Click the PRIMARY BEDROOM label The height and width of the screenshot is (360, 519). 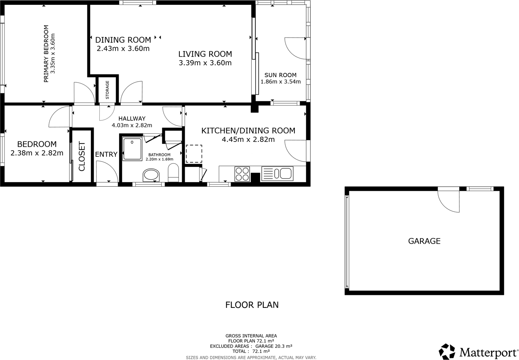tap(46, 54)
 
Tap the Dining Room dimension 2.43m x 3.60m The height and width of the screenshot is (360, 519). tap(123, 49)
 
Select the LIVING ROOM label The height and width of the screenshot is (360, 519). tap(205, 54)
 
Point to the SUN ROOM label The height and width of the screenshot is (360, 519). tap(280, 75)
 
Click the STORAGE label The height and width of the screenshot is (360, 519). tap(107, 90)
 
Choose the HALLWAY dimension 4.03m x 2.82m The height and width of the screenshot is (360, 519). tap(132, 125)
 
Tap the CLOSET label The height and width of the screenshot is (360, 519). tap(82, 156)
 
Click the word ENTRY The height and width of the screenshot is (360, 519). tap(106, 154)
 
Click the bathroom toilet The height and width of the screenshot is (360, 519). tap(173, 173)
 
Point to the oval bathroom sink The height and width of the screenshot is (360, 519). tap(151, 175)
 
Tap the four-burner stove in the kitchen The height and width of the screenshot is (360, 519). tap(242, 174)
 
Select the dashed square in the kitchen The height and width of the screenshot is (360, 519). tap(194, 154)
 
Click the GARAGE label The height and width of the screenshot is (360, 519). tap(424, 241)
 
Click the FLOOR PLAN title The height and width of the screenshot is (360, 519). tap(252, 305)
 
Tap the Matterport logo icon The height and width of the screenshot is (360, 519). tap(447, 352)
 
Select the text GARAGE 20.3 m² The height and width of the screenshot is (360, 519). tap(274, 346)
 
